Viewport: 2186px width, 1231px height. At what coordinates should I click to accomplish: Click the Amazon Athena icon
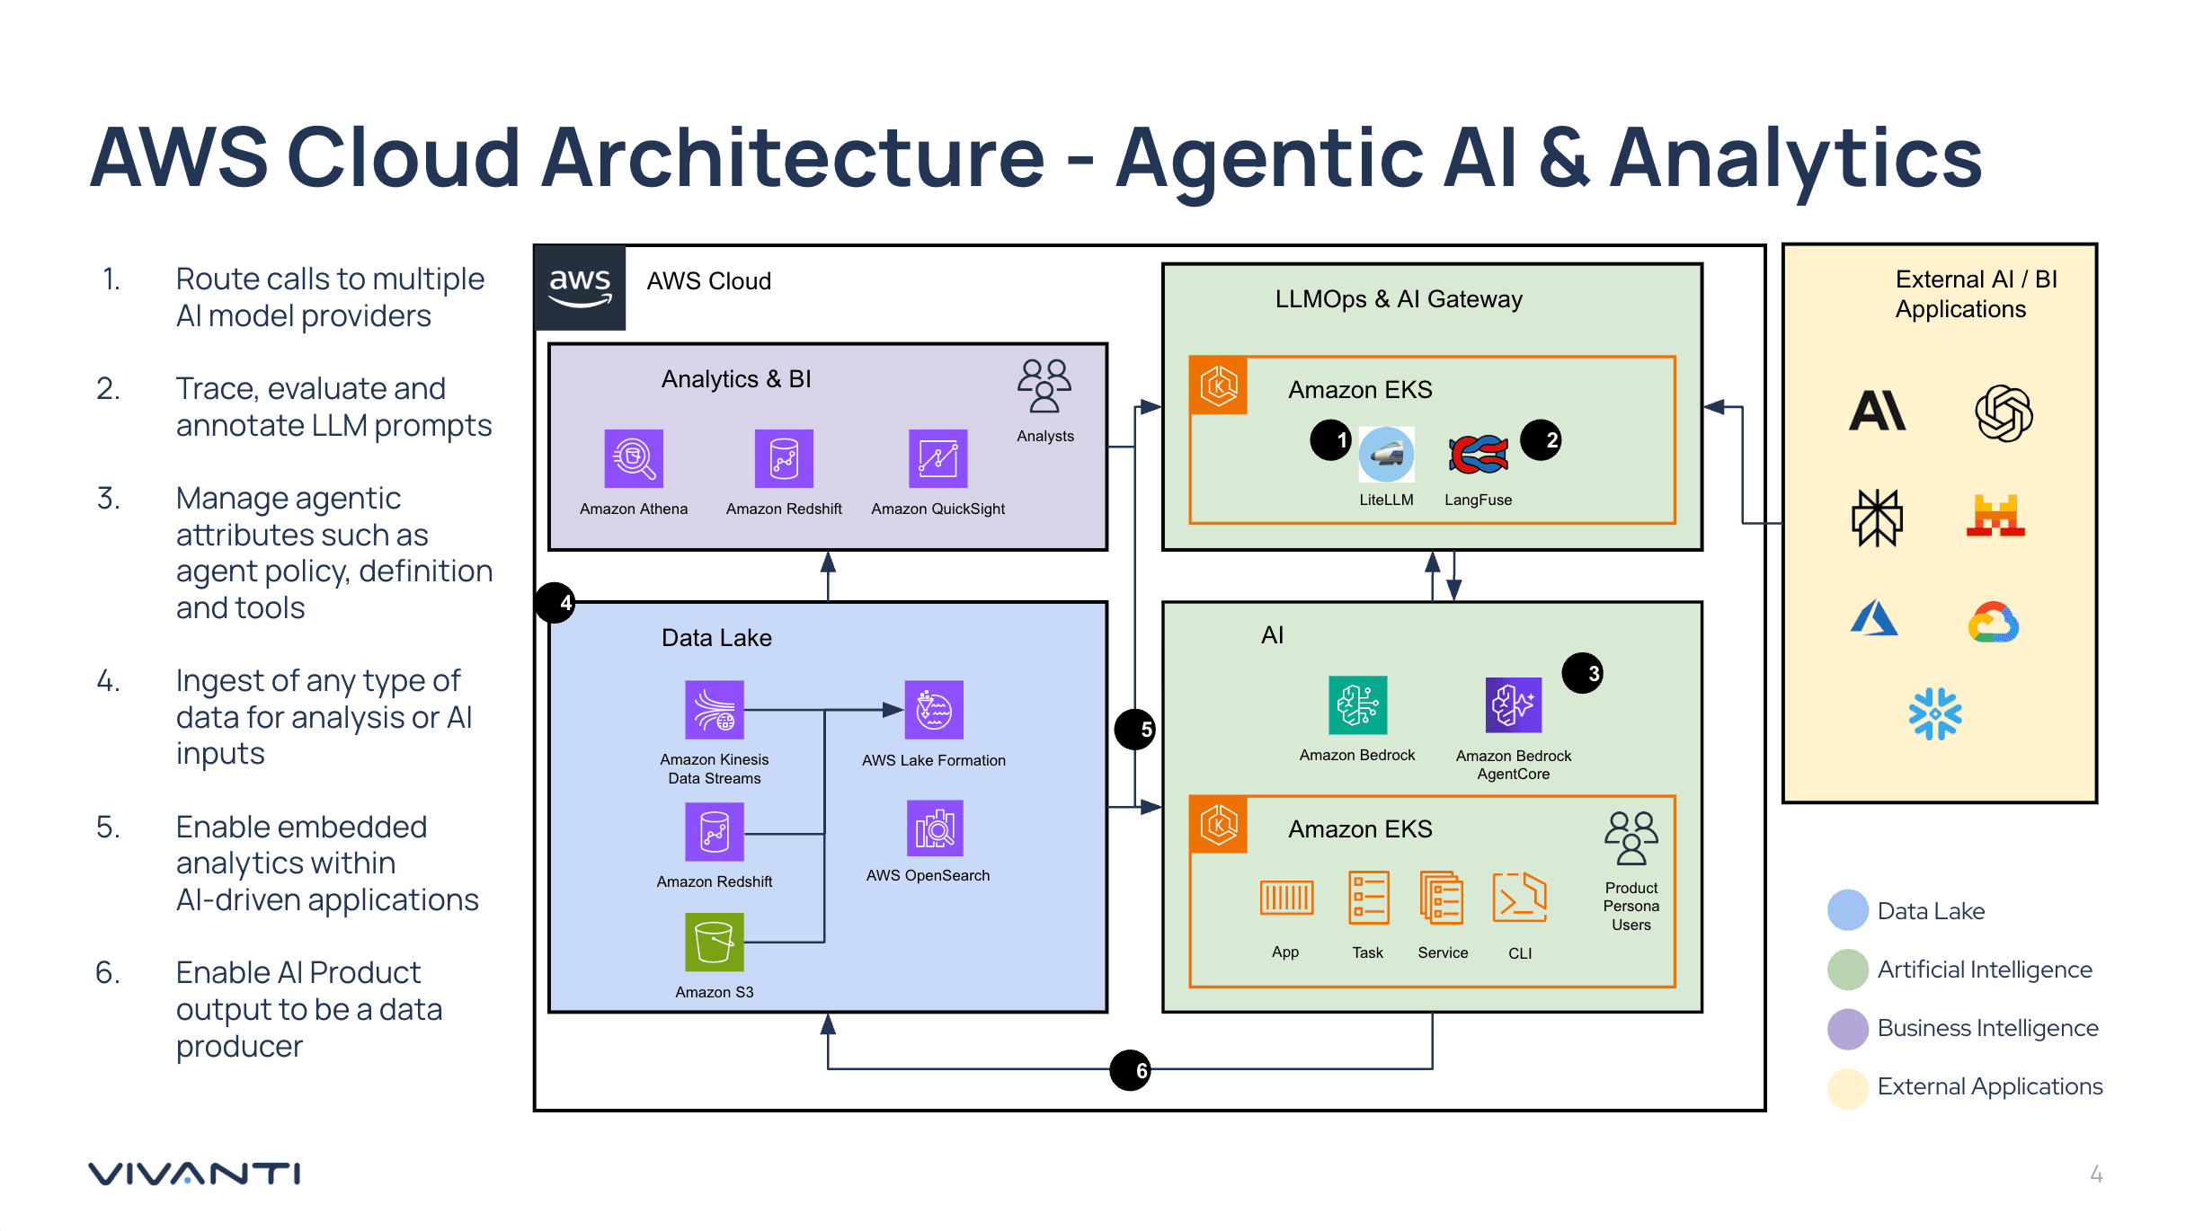[x=634, y=458]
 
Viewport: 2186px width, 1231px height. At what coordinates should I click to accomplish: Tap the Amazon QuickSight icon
[x=937, y=458]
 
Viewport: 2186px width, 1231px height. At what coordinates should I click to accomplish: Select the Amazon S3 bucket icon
[x=715, y=943]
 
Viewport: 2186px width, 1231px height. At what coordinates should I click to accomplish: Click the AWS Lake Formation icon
[x=934, y=710]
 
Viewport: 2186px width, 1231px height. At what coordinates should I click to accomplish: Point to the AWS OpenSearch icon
[x=935, y=828]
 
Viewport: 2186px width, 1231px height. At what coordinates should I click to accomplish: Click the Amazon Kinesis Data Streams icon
[x=715, y=710]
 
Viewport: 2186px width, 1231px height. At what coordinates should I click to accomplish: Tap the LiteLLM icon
[x=1386, y=455]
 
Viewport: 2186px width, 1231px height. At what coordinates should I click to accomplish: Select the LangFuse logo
[x=1479, y=455]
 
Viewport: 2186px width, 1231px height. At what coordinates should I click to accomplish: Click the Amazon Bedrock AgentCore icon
[x=1514, y=705]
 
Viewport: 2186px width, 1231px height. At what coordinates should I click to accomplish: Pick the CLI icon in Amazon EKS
[x=1519, y=898]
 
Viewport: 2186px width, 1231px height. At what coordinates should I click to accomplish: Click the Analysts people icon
[x=1044, y=386]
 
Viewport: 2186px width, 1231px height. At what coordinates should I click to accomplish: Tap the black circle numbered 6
[x=1131, y=1070]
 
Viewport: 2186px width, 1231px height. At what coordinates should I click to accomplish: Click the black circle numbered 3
[x=1583, y=673]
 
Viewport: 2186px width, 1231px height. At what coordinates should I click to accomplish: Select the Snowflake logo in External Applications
[x=1935, y=714]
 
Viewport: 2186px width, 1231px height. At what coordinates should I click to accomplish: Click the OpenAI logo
[x=2004, y=413]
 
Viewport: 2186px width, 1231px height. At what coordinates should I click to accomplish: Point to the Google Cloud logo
[x=1994, y=623]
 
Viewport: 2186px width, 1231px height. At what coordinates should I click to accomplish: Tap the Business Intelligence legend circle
[x=1848, y=1029]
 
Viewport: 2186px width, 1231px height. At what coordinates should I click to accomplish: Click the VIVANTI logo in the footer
[x=194, y=1173]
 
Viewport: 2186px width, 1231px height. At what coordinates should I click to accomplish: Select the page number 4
[x=2096, y=1174]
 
